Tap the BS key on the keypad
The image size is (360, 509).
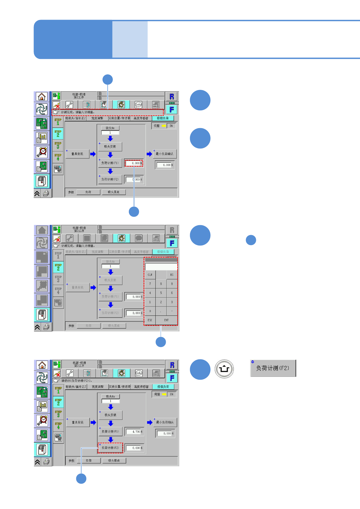coord(172,275)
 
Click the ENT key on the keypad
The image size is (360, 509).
coord(166,320)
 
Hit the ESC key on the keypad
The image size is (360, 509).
coord(150,320)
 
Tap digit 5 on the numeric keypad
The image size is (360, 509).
coord(161,293)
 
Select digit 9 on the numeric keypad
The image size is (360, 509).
coord(172,284)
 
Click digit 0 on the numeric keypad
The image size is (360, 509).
coord(150,311)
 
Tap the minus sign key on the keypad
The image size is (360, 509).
coord(172,311)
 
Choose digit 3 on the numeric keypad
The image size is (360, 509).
coord(172,302)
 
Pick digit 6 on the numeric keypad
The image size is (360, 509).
coord(172,293)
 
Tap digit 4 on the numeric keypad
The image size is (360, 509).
coord(150,293)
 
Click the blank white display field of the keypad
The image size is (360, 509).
coord(161,267)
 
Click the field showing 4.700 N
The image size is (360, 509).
coord(134,432)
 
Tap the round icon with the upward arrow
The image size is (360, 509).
coord(224,369)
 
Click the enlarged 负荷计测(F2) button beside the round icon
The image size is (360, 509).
coord(273,368)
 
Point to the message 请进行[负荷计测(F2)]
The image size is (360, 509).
coord(77,381)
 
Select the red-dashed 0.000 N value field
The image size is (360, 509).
coord(134,163)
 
